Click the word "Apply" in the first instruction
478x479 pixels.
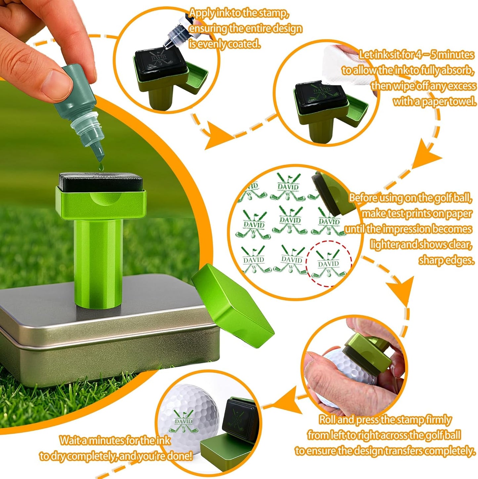coord(201,13)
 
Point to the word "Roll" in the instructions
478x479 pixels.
coord(328,420)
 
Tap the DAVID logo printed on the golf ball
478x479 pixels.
coord(184,421)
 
